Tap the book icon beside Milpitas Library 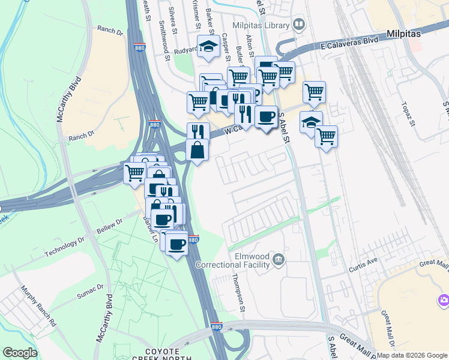click(300, 25)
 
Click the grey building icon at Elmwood click(277, 259)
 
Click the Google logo click(20, 353)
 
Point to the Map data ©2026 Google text click(412, 355)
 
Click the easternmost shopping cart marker click(326, 136)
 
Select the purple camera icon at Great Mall click(444, 299)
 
